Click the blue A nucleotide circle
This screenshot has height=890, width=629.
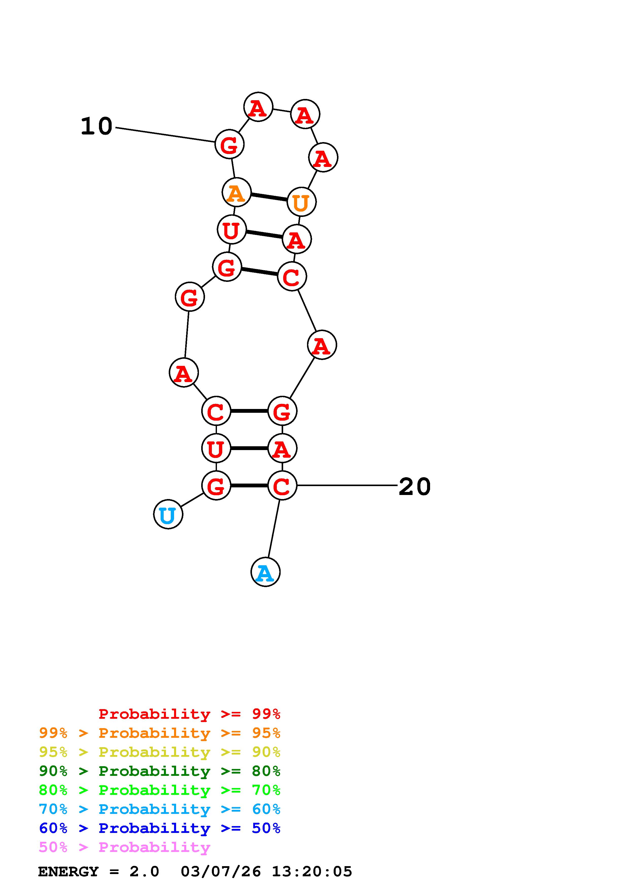coord(265,572)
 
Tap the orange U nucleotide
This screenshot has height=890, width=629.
coord(301,201)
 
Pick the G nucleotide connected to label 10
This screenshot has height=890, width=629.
coord(229,144)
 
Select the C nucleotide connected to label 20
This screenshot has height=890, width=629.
coord(282,485)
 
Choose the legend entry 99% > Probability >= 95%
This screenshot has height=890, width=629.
coord(160,733)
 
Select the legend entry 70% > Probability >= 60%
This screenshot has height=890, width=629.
coord(160,809)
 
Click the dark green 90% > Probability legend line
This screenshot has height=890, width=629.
coord(160,771)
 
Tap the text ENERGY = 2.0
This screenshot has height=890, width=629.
coord(98,871)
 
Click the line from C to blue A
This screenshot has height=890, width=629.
coord(274,529)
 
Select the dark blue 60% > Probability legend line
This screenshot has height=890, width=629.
coord(160,828)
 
